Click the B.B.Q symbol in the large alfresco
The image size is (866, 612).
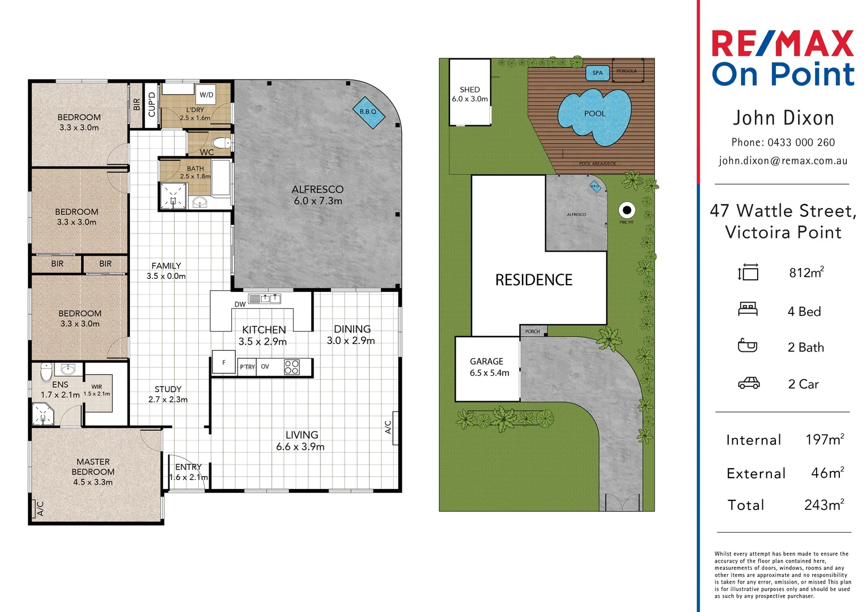(368, 112)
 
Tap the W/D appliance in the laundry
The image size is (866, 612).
(206, 95)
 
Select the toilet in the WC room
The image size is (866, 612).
(220, 142)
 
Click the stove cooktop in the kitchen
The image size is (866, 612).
(291, 367)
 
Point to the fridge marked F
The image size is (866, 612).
(224, 363)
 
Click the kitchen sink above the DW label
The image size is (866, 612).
(265, 299)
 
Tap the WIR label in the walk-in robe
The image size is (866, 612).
(97, 387)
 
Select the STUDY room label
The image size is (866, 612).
(168, 389)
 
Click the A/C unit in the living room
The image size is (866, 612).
(389, 427)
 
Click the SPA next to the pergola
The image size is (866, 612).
(597, 73)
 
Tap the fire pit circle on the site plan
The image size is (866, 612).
(626, 210)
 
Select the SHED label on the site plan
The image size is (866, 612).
(469, 90)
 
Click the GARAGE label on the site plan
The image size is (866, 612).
(486, 361)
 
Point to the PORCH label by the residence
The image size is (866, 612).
(532, 331)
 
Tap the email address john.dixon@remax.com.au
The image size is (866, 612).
(783, 161)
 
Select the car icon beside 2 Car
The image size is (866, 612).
(748, 384)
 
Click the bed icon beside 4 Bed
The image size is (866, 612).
(748, 309)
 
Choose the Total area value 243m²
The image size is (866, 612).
(823, 505)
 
